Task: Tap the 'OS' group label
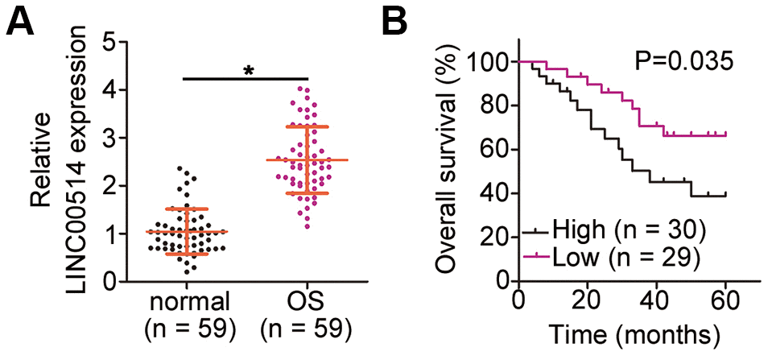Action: coord(307,303)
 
